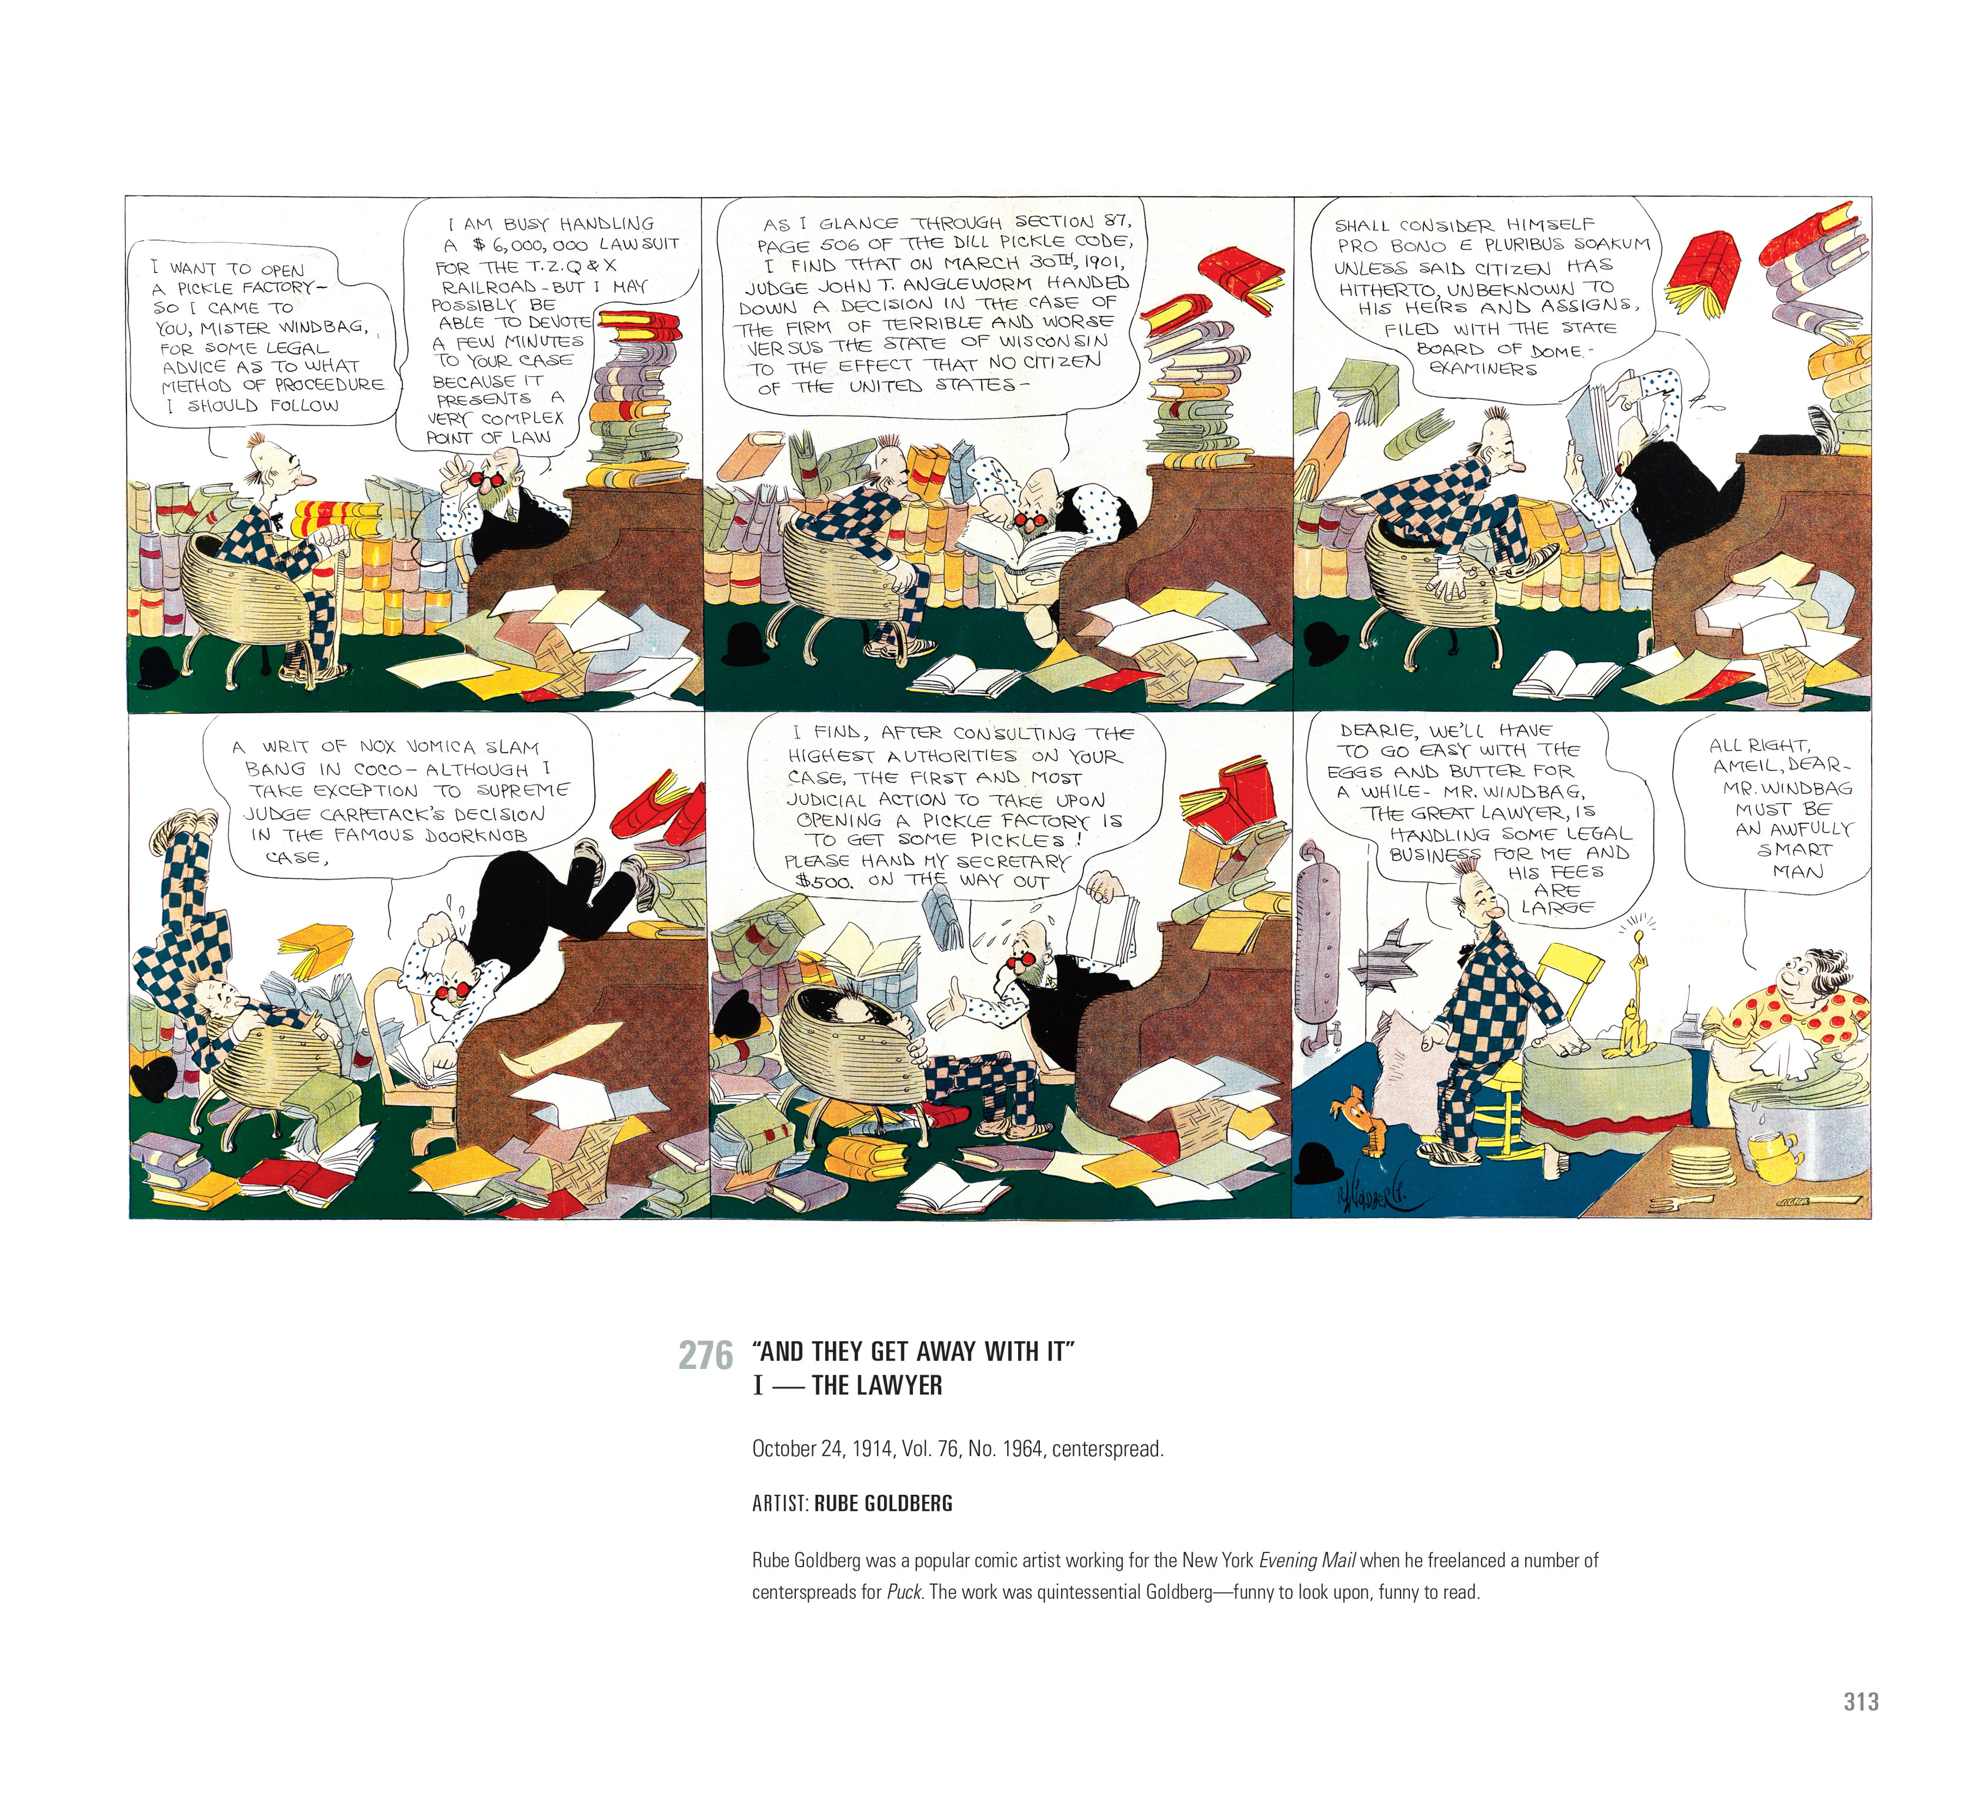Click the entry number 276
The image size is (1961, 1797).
click(705, 1355)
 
